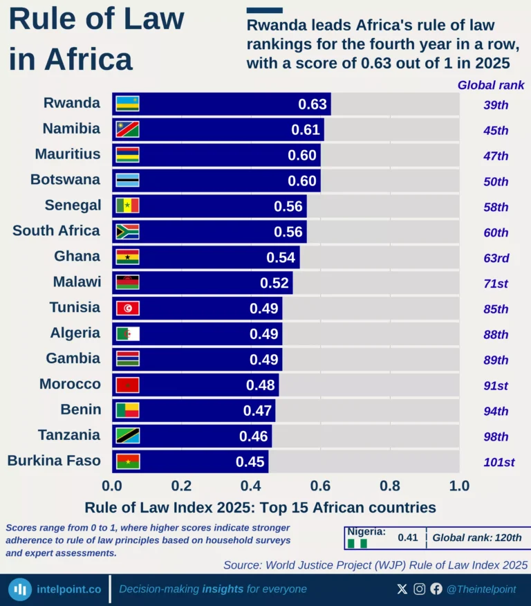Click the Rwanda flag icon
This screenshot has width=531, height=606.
pyautogui.click(x=127, y=104)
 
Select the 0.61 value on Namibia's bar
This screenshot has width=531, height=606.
pyautogui.click(x=306, y=130)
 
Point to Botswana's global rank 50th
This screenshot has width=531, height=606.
pyautogui.click(x=496, y=181)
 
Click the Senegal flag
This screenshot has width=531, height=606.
pyautogui.click(x=127, y=206)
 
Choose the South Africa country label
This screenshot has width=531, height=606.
pyautogui.click(x=56, y=231)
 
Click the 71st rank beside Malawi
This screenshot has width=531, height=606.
pyautogui.click(x=496, y=284)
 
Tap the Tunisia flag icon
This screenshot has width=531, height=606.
pyautogui.click(x=127, y=309)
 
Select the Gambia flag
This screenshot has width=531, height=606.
pyautogui.click(x=127, y=360)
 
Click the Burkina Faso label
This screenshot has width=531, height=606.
pyautogui.click(x=54, y=461)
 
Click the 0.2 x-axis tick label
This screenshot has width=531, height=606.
pyautogui.click(x=181, y=486)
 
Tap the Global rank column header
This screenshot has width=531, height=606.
pyautogui.click(x=491, y=85)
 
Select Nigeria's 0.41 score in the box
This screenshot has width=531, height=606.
pyautogui.click(x=408, y=538)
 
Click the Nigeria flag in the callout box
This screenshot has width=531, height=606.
pyautogui.click(x=357, y=544)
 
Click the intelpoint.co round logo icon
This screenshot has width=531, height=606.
pyautogui.click(x=20, y=589)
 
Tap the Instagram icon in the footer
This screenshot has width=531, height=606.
pyautogui.click(x=420, y=589)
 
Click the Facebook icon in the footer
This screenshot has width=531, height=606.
pyautogui.click(x=436, y=589)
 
